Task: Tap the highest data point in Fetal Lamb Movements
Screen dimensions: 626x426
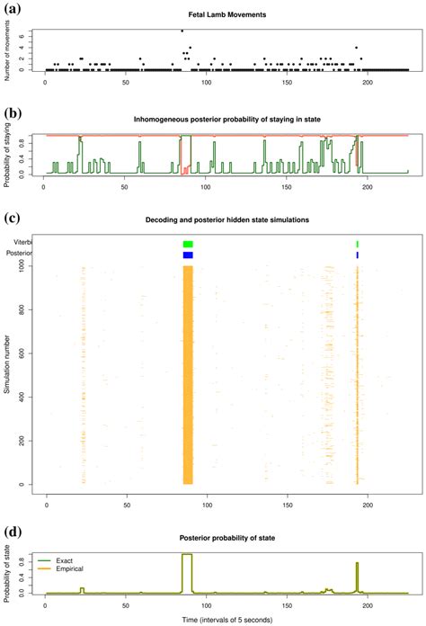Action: pos(182,31)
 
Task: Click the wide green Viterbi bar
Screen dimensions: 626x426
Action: pos(188,244)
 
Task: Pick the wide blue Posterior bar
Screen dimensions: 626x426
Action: pos(188,255)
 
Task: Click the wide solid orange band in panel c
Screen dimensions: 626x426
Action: pos(188,378)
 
